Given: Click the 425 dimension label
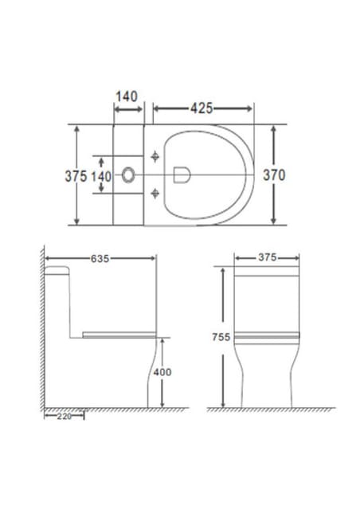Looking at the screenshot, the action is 202,108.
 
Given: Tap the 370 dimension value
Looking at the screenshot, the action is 274,175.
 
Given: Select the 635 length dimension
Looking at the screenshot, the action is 100,258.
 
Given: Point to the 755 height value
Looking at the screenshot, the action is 221,337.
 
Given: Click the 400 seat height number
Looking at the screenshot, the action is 162,372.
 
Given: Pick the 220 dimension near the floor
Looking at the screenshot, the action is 64,416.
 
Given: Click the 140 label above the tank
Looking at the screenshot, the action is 127,96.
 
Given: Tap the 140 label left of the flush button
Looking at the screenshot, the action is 101,177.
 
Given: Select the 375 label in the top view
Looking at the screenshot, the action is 76,176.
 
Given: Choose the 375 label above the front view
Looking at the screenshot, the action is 268,257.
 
